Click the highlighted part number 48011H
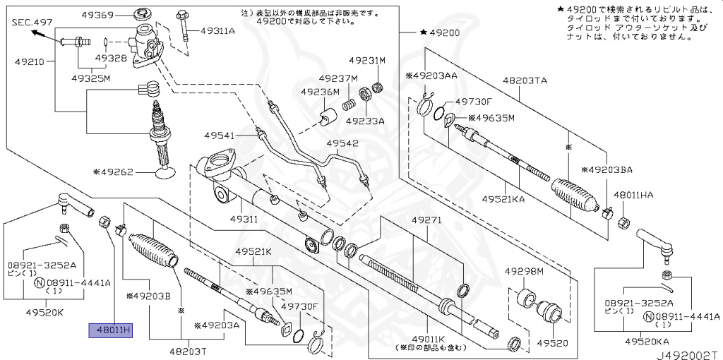pos(109,330)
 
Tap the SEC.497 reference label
pos(32,23)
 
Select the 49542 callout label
pos(342,144)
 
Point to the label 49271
pos(427,220)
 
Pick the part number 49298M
pos(524,272)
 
